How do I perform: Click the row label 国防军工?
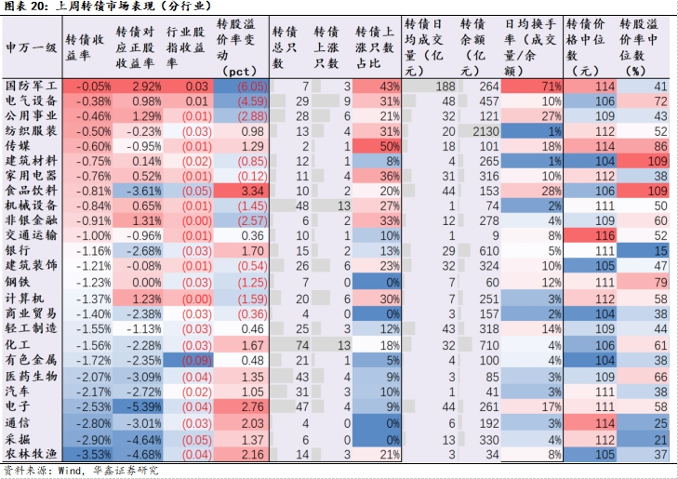click(x=32, y=86)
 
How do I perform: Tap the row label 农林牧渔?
click(x=32, y=453)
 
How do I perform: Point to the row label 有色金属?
click(x=32, y=358)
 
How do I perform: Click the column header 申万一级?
click(x=32, y=46)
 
